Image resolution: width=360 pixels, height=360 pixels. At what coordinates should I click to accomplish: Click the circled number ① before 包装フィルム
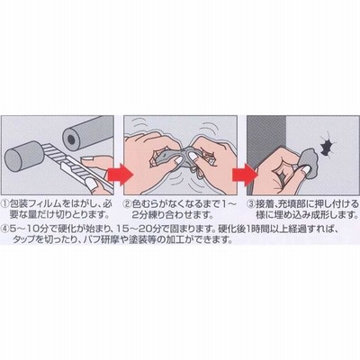pos(5,204)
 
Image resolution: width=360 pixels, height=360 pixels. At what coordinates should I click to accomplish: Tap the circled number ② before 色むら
pos(128,204)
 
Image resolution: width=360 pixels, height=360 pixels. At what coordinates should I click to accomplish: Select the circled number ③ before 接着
pos(251,204)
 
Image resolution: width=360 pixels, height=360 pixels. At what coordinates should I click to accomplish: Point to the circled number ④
pos(5,229)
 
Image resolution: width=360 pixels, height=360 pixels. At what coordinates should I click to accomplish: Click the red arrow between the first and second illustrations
pos(120,175)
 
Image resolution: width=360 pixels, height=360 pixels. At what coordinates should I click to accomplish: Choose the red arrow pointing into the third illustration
pos(246,175)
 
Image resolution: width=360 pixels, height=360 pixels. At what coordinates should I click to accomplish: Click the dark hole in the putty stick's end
pos(71,139)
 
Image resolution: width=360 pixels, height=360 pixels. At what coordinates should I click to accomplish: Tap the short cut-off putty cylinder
pos(24,157)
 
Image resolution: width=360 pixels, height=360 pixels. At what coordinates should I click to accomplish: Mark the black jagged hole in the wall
pos(326,146)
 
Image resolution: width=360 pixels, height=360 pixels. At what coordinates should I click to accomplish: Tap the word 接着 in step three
pos(265,204)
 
